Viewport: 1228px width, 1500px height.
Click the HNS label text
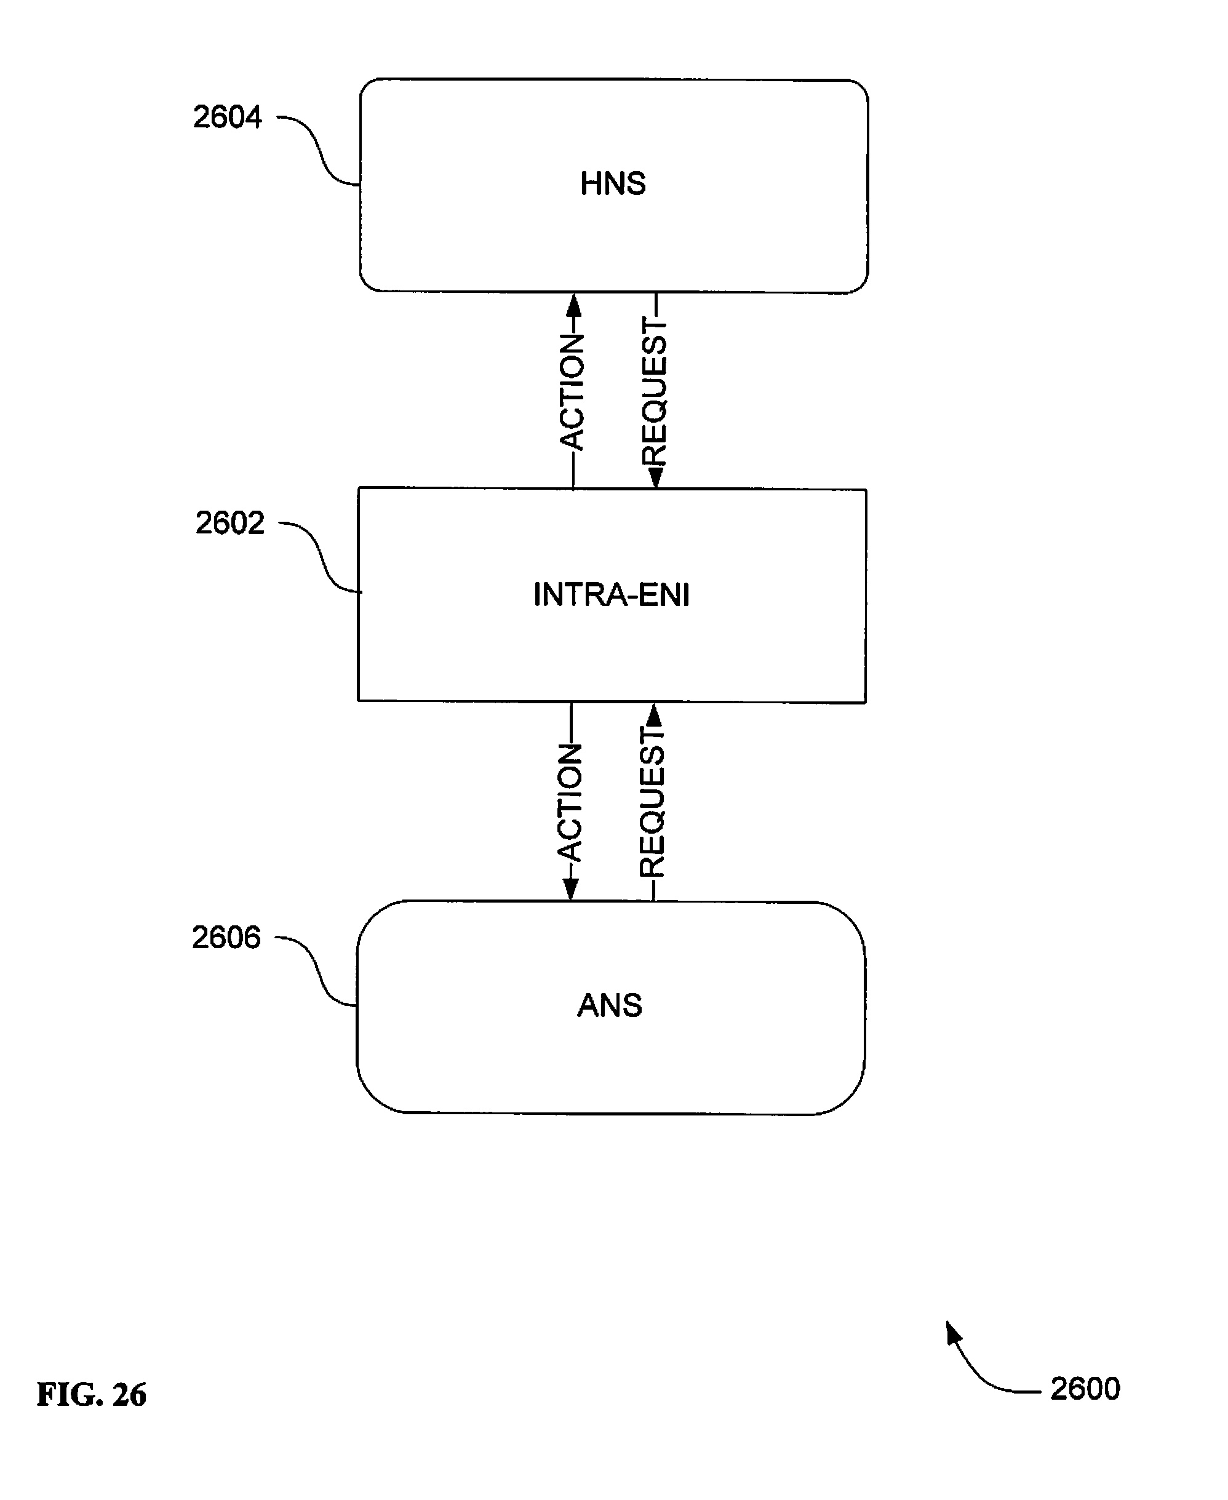point(613,184)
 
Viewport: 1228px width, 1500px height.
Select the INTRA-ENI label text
point(611,595)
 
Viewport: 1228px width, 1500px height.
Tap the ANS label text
point(610,1005)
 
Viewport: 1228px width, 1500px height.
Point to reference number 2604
point(228,117)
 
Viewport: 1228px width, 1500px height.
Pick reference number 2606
point(226,937)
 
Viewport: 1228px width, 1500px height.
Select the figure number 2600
point(1085,1389)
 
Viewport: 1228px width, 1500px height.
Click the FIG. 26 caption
point(91,1395)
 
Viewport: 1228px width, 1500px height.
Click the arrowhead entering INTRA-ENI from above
point(656,477)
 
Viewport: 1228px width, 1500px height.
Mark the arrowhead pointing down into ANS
point(570,890)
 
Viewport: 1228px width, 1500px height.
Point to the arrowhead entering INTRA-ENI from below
point(655,716)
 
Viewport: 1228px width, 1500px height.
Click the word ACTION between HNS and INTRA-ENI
point(572,392)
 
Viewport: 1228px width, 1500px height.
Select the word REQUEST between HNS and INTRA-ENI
point(655,392)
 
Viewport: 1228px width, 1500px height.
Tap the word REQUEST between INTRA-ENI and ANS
point(652,802)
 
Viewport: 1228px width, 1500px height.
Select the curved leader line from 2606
point(316,971)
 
